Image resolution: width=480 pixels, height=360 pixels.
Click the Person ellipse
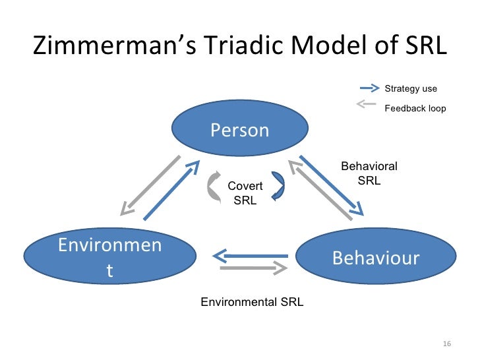pos(240,131)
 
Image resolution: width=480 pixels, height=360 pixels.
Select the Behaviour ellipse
pos(376,258)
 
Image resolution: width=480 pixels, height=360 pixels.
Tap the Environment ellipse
pos(109,258)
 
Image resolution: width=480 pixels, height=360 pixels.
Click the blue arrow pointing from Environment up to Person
pos(170,192)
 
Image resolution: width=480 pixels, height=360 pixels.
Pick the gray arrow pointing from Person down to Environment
pos(150,185)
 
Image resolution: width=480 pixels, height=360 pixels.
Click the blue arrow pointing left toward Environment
pos(251,255)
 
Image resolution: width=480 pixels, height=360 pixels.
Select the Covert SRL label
pos(245,193)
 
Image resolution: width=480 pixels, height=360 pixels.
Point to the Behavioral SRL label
pos(369,174)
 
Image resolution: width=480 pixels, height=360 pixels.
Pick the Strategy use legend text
pos(411,88)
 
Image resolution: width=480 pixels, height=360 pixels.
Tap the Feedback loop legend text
pos(415,108)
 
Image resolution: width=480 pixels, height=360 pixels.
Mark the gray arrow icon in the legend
pos(369,104)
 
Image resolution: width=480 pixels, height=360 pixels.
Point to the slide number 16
pos(446,344)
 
